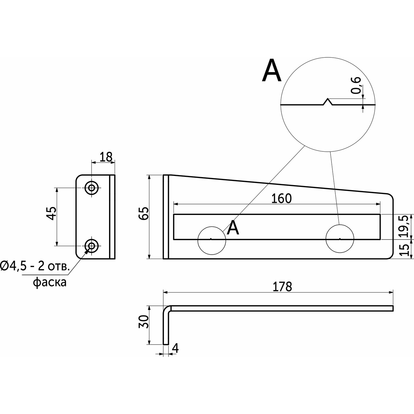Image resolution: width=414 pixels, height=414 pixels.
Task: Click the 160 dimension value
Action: pos(281,199)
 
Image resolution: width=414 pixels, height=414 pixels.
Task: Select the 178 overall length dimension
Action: pos(282,287)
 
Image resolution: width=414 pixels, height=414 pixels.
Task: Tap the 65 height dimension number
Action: pos(143,213)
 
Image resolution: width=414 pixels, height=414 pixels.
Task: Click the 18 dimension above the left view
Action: pos(106,157)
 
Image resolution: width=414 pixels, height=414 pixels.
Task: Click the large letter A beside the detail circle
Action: pos(271,71)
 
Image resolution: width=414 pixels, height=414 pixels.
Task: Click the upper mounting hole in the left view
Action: pos(92,187)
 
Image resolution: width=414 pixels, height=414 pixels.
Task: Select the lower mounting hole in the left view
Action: pos(92,245)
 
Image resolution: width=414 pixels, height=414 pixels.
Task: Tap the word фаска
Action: pos(50,282)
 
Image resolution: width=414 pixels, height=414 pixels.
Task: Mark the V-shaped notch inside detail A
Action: pos(327,102)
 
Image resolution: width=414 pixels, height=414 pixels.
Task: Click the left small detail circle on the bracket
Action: pos(212,240)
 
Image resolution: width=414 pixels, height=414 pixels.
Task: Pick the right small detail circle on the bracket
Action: pos(339,239)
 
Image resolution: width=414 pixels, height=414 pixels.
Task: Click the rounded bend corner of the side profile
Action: pos(167,309)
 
